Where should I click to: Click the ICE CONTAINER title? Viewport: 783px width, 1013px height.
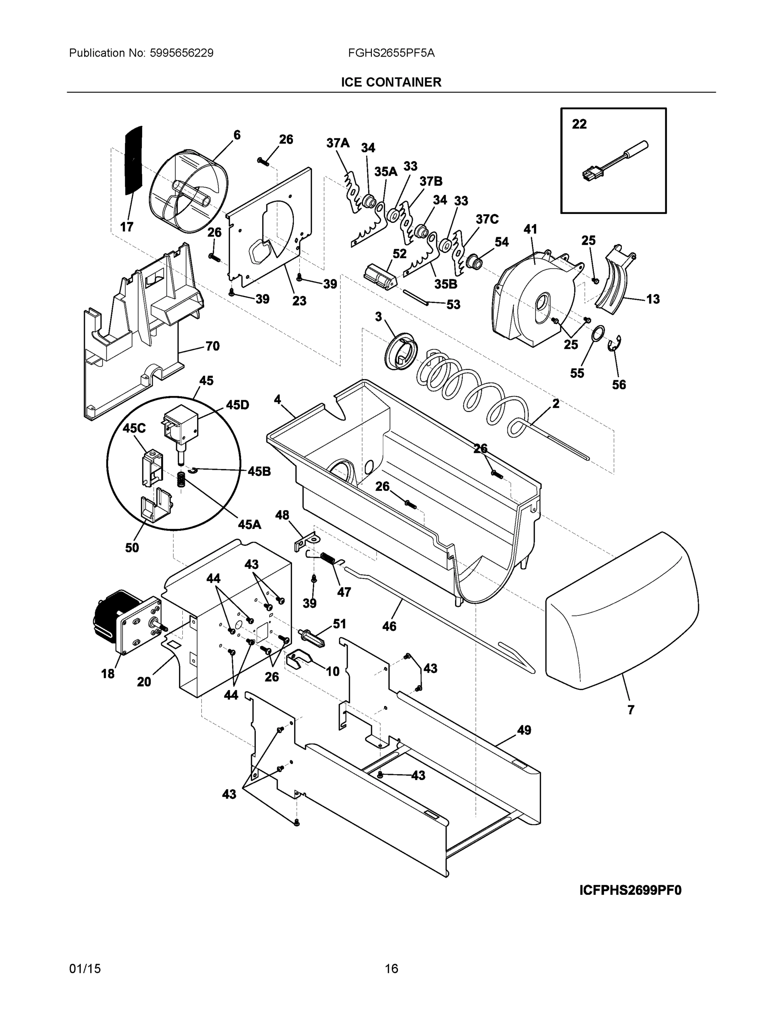click(391, 82)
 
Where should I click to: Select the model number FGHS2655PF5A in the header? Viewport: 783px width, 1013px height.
click(391, 53)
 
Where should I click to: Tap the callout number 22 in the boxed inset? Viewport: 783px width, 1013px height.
click(579, 125)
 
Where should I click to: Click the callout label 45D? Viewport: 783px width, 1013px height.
click(237, 405)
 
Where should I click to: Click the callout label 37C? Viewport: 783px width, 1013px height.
click(487, 219)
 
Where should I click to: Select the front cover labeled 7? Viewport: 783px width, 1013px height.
click(622, 612)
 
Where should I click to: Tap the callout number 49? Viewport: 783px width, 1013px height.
click(524, 731)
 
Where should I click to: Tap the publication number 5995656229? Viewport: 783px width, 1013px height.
click(182, 53)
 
